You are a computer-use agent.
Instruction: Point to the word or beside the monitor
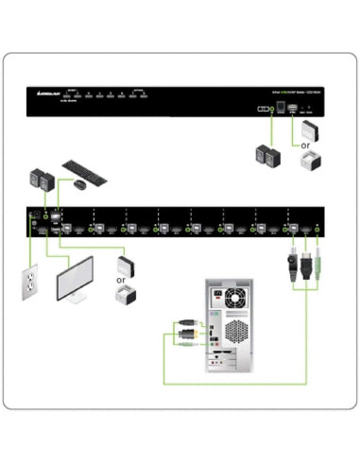(x=120, y=280)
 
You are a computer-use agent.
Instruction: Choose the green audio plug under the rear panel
(x=318, y=258)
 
